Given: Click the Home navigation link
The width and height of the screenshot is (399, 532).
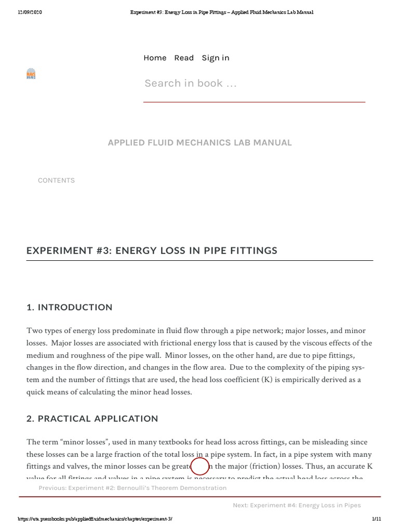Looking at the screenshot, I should (x=155, y=58).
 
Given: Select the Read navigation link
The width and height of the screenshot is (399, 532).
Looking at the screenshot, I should (x=184, y=58).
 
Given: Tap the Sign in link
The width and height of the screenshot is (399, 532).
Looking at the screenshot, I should (x=215, y=58).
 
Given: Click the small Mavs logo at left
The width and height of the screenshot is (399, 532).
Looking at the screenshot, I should (x=31, y=74).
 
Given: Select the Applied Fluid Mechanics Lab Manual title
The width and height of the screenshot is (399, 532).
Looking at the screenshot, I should (x=199, y=142).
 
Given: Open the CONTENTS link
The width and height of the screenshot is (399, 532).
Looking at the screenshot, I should (x=56, y=180).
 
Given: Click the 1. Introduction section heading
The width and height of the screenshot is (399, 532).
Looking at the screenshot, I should (x=69, y=307).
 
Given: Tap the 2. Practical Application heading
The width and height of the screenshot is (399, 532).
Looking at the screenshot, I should (x=92, y=418).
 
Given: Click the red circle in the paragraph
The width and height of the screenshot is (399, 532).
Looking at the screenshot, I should (x=200, y=467).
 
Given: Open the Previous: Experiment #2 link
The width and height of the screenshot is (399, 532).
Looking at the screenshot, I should (x=132, y=488).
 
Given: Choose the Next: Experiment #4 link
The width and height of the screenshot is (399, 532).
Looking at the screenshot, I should (x=297, y=505).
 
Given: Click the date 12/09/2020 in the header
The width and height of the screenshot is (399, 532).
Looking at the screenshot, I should (x=30, y=12).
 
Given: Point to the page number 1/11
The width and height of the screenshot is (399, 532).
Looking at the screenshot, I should (x=377, y=519).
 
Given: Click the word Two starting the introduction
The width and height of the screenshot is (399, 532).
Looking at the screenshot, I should (x=34, y=331).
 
